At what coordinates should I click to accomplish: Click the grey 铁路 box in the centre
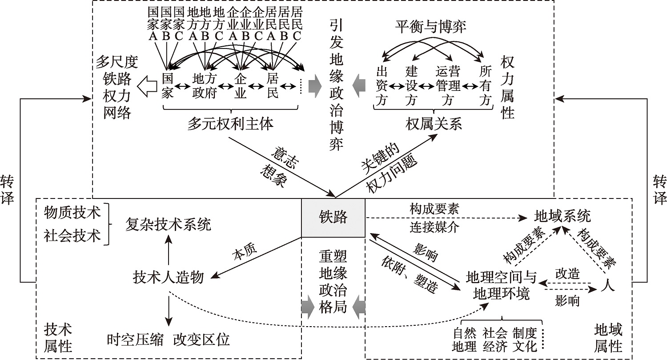pyautogui.click(x=333, y=218)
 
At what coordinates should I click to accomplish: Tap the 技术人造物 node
pyautogui.click(x=169, y=277)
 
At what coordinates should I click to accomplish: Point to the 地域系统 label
pyautogui.click(x=562, y=217)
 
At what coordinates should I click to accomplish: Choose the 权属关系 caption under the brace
pyautogui.click(x=434, y=123)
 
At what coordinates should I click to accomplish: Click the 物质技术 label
pyautogui.click(x=72, y=212)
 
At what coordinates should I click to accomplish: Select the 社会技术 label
pyautogui.click(x=72, y=235)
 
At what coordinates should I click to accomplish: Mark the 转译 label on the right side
pyautogui.click(x=659, y=189)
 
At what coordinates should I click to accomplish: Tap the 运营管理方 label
pyautogui.click(x=448, y=85)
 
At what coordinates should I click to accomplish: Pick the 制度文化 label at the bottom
pyautogui.click(x=525, y=339)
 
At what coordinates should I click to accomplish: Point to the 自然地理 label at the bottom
pyautogui.click(x=464, y=339)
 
